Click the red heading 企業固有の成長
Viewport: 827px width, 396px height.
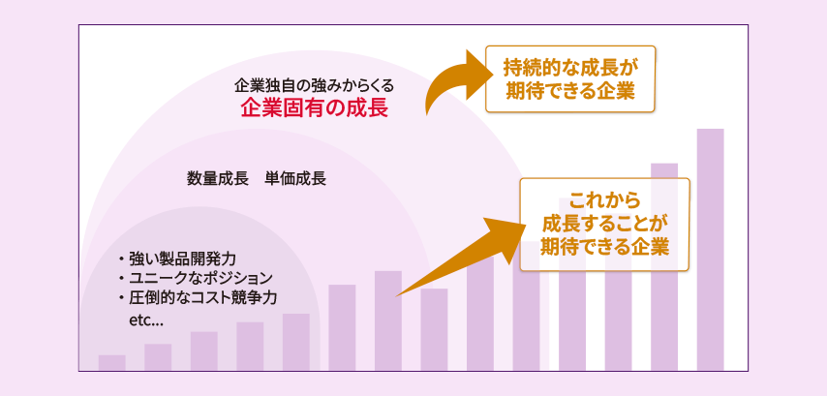pos(315,107)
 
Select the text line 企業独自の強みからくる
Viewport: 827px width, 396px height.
pos(315,84)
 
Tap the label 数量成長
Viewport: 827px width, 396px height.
pos(218,179)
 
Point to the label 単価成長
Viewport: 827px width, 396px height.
pos(295,179)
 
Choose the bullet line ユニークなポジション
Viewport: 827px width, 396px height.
pos(194,279)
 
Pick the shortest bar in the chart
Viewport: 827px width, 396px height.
pos(111,362)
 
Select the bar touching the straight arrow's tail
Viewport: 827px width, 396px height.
pos(388,320)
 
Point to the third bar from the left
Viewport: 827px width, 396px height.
pos(203,350)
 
